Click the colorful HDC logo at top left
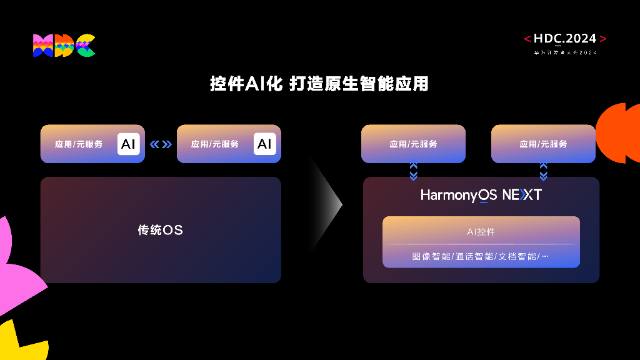(64, 46)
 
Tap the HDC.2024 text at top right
(565, 39)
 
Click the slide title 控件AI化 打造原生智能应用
(319, 84)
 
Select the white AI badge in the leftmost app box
(128, 144)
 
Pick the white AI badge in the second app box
(264, 144)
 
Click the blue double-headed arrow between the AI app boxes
(161, 144)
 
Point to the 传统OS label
(160, 230)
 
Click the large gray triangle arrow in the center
(326, 204)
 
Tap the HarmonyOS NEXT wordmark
(481, 195)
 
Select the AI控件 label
(481, 232)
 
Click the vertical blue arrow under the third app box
(413, 171)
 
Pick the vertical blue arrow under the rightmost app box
(543, 171)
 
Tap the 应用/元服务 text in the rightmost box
(543, 144)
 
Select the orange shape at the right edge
(619, 133)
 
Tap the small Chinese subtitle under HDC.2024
(565, 52)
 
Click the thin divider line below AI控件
(481, 244)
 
